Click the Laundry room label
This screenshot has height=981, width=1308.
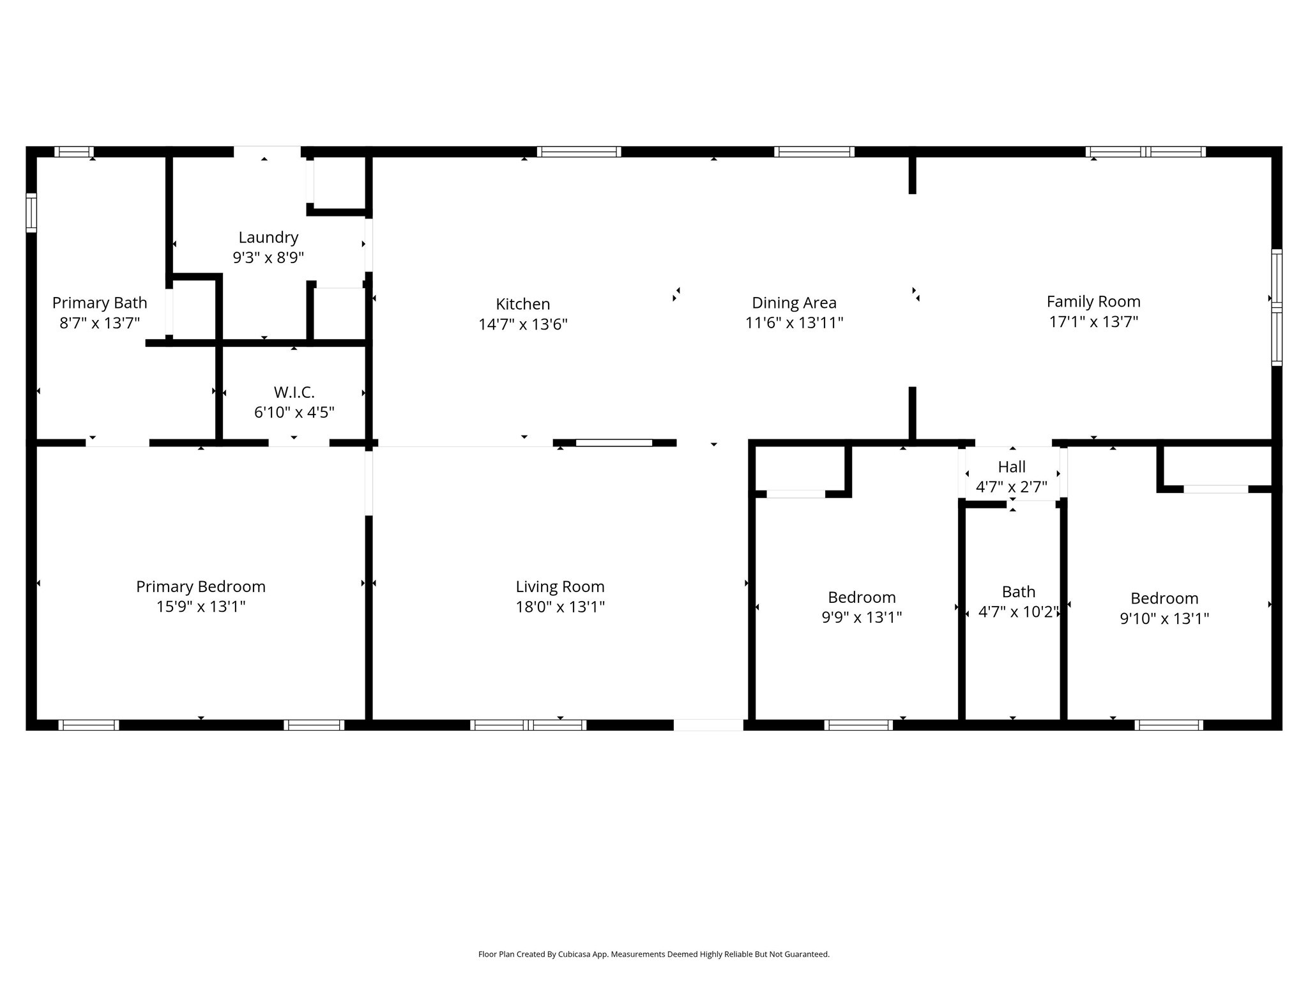coord(268,238)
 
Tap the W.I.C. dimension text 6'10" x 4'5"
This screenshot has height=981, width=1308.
coord(294,413)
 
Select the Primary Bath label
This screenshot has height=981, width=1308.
coord(100,303)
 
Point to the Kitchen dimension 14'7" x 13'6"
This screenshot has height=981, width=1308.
coord(523,324)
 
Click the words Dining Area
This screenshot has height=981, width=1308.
coord(794,303)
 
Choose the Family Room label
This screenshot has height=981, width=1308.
coord(1093,301)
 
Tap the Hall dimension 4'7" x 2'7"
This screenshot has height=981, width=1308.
coord(1012,487)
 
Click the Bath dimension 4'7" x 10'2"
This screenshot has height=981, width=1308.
coord(1018,612)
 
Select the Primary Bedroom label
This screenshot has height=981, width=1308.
coord(201,586)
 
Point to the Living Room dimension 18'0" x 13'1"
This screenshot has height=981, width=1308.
coord(560,607)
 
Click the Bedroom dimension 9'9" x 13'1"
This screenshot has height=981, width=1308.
coord(862,618)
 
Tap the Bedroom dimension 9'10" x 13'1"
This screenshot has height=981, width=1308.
coord(1164,619)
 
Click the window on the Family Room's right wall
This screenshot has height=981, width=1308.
coord(1276,307)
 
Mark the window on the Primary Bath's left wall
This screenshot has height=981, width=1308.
coord(31,213)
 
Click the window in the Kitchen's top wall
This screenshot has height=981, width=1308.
coord(579,152)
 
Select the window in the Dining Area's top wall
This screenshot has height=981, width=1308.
coord(814,152)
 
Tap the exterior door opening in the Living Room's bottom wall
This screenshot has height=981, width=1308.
coord(708,725)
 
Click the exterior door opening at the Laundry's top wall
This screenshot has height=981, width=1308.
coord(267,152)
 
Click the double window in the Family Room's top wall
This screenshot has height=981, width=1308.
coord(1145,152)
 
